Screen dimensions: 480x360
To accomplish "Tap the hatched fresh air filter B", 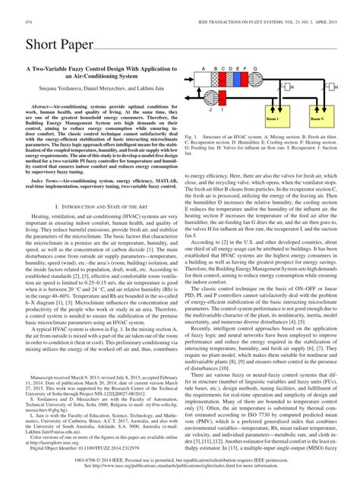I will pyautogui.click(x=213, y=84).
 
